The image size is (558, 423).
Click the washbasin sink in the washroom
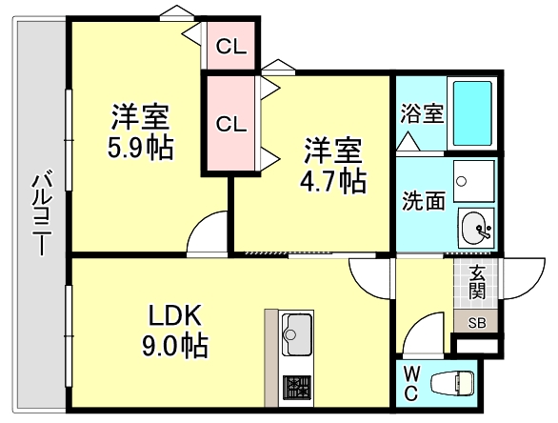[x=476, y=228]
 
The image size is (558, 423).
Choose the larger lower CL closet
[x=229, y=124]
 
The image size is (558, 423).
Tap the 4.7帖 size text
[x=333, y=181]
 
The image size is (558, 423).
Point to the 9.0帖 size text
[x=176, y=344]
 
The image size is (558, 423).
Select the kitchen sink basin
[x=298, y=335]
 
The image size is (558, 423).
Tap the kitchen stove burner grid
[x=298, y=386]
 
